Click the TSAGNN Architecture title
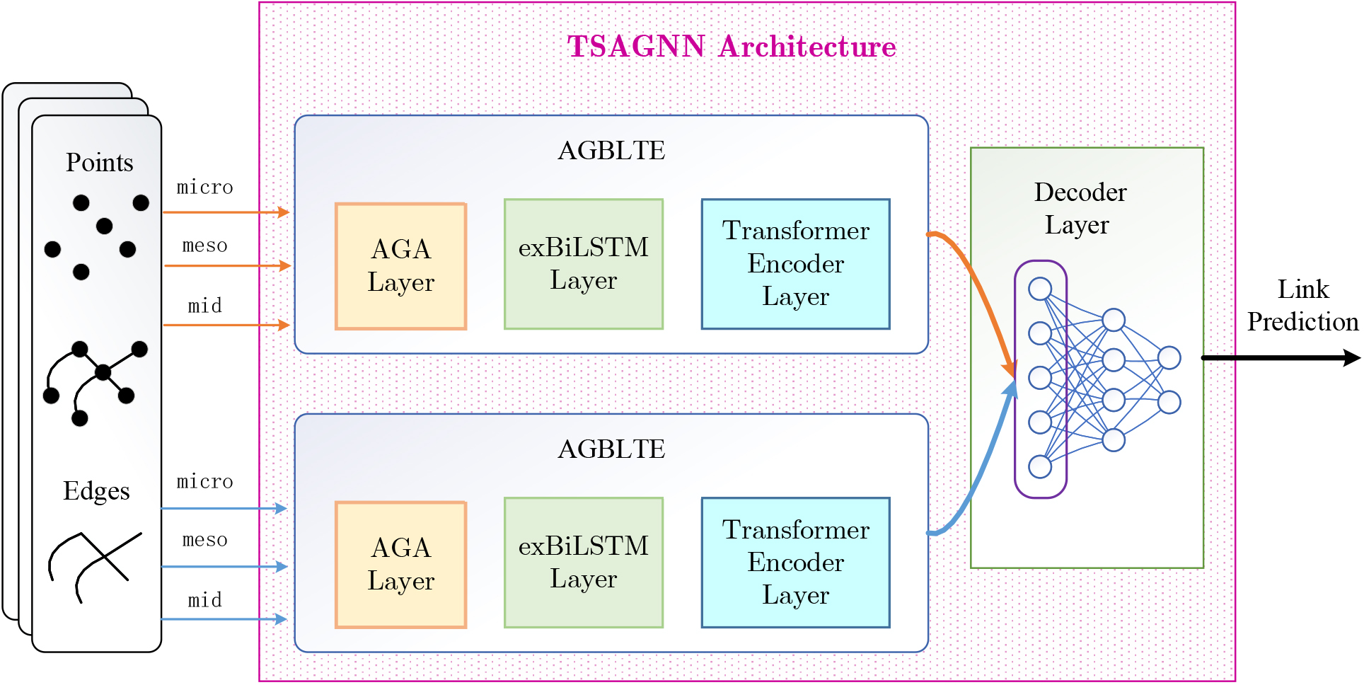pos(732,47)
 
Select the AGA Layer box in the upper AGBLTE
pos(401,266)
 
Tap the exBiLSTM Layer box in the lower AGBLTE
pos(584,563)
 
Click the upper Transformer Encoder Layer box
pos(796,264)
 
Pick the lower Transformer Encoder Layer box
pos(796,563)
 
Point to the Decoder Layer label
pos(1080,208)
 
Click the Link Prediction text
pos(1302,305)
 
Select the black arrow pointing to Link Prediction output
pos(1281,357)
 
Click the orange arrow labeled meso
pos(228,265)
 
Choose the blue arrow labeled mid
pos(224,619)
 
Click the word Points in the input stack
pos(100,163)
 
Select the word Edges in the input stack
pos(96,491)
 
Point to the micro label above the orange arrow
pos(204,188)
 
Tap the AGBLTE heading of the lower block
pos(611,449)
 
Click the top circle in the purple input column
pos(1040,289)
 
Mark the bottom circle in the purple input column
pos(1040,467)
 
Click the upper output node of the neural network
pos(1169,357)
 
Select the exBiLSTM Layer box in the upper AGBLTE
pos(584,264)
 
